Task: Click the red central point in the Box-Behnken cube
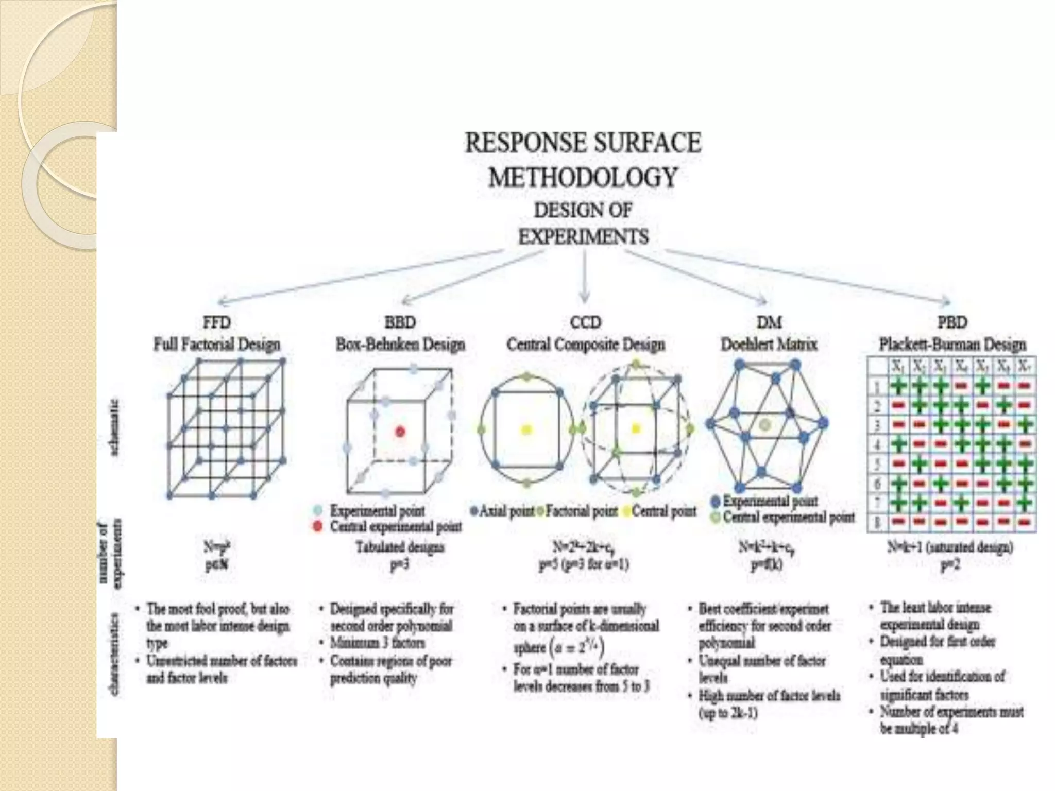click(x=400, y=432)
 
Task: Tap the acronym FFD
click(x=217, y=323)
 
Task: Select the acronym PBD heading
click(x=952, y=323)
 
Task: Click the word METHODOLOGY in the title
click(x=583, y=178)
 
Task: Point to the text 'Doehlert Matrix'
click(x=769, y=344)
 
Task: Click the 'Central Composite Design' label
click(x=586, y=344)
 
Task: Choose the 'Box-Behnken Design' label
click(x=400, y=344)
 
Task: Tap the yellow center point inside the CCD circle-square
click(x=526, y=429)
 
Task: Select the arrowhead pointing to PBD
click(x=946, y=301)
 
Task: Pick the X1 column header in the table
click(x=898, y=367)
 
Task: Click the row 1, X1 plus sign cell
click(x=898, y=386)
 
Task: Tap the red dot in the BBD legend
click(x=318, y=526)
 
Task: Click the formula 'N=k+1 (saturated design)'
click(x=950, y=547)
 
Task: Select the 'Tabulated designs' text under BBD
click(x=400, y=547)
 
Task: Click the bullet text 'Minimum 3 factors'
click(x=377, y=643)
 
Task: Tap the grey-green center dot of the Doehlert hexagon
click(x=765, y=425)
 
